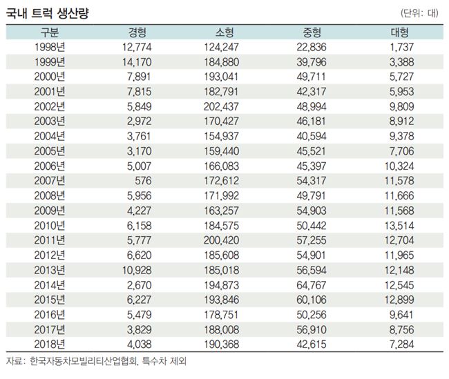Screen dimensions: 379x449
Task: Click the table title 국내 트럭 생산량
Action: pos(48,13)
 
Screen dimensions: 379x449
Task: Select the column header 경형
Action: pos(137,32)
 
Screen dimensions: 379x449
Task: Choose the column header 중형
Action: pos(312,32)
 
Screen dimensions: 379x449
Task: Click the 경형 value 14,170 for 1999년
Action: pos(137,61)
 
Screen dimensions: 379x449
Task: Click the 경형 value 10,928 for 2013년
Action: pos(137,269)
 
